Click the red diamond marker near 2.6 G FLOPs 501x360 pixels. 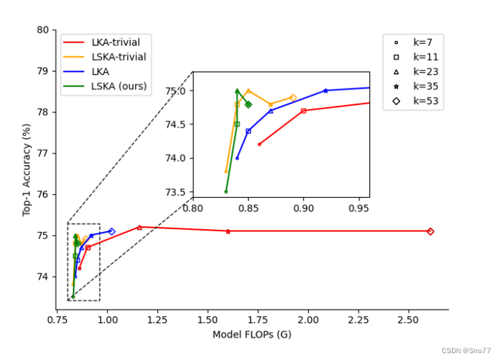click(x=430, y=231)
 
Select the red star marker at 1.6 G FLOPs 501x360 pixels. click(x=228, y=231)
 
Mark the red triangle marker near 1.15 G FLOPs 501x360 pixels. click(x=139, y=227)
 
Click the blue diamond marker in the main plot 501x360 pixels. click(x=111, y=231)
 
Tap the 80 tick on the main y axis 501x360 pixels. click(x=44, y=30)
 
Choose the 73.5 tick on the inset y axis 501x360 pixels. click(x=178, y=191)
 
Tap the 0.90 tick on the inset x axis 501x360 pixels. click(x=303, y=208)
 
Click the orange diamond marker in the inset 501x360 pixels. click(x=293, y=97)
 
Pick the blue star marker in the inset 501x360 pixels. click(x=326, y=91)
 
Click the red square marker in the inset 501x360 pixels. click(x=303, y=111)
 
